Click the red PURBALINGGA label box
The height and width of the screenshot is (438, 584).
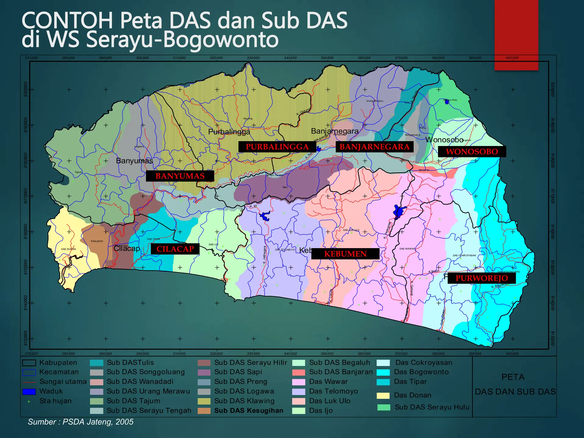coord(277,147)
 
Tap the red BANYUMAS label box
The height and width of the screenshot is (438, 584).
coord(180,176)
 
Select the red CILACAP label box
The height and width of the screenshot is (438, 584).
coord(175,249)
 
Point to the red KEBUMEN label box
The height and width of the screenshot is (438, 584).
coord(345,254)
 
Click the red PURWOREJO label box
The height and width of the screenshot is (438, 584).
coord(482,278)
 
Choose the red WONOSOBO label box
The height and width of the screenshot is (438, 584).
coord(472,151)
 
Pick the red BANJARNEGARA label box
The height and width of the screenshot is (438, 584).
coord(374,147)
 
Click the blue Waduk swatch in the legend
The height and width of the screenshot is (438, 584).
coord(29,392)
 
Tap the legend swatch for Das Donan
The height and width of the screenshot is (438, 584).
coord(383,396)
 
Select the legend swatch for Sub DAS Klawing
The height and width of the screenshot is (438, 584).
coord(204,401)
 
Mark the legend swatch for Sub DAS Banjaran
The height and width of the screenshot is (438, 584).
coord(299,372)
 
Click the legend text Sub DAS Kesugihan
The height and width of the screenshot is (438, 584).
coord(249,411)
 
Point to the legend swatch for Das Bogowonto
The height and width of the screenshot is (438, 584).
coord(383,372)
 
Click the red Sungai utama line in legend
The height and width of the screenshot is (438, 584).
coord(29,382)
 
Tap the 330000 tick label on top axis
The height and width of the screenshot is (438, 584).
coord(253,58)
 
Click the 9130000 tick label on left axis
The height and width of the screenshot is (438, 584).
coord(26,338)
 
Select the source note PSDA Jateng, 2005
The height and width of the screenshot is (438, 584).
coord(80,422)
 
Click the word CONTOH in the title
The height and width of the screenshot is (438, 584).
coord(67,21)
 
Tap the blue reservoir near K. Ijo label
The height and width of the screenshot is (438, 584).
coord(265,216)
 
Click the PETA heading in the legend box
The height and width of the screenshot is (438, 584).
coord(513,377)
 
